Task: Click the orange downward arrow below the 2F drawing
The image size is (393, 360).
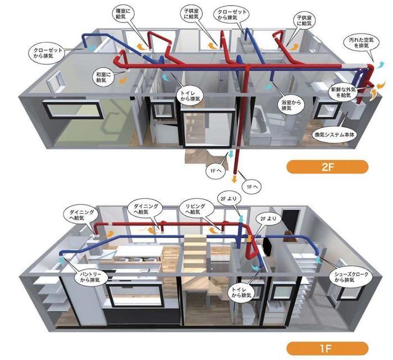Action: point(235,179)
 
